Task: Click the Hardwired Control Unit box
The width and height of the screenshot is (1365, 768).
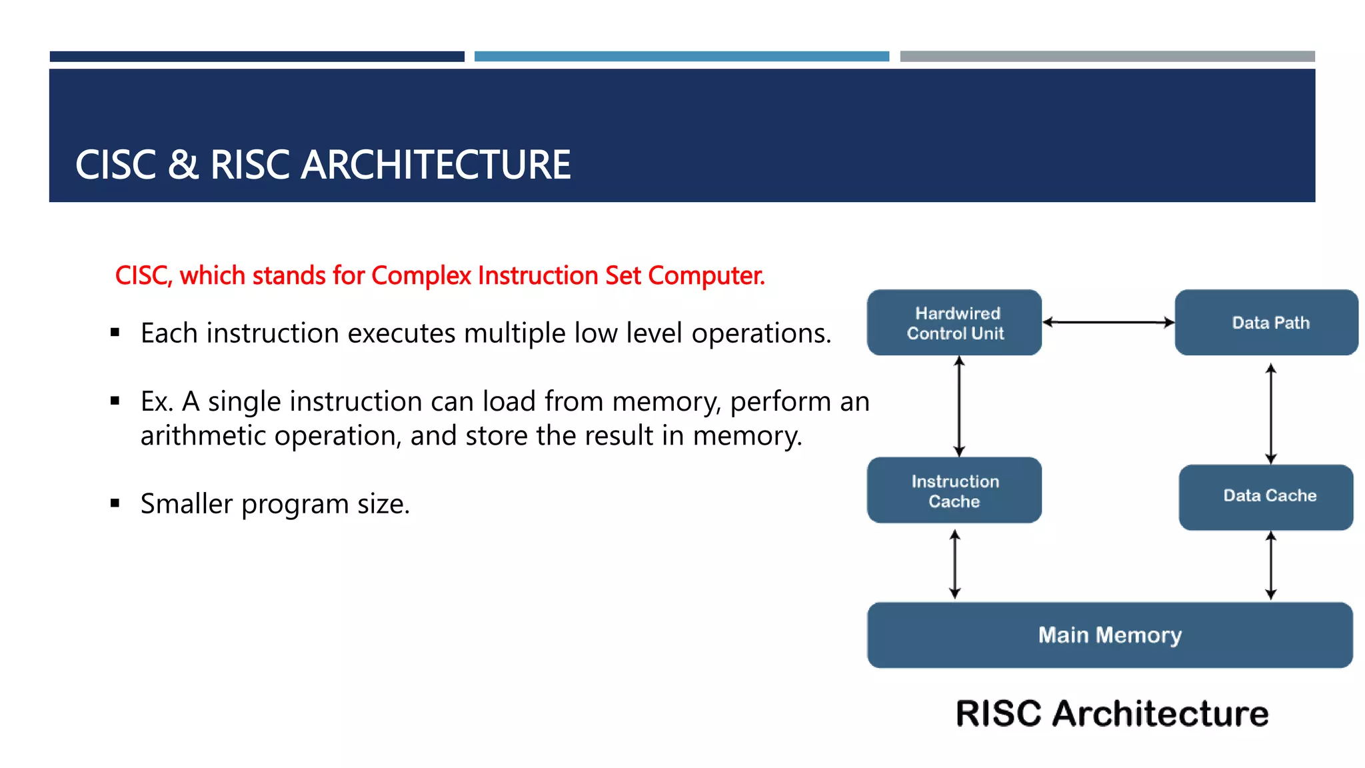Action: [x=954, y=323]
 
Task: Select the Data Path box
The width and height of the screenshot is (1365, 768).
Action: [x=1266, y=323]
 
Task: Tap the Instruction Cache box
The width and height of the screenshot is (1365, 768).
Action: [x=954, y=491]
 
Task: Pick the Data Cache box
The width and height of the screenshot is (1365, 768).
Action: [x=1266, y=497]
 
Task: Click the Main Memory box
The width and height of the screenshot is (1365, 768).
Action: [x=1110, y=635]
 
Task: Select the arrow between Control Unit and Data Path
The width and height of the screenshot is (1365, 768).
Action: [x=1108, y=323]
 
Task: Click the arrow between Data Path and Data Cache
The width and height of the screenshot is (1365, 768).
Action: [x=1270, y=413]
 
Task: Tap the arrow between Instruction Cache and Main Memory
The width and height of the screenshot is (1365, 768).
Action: [x=954, y=564]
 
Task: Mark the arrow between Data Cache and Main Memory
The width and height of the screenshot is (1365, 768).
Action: [x=1270, y=565]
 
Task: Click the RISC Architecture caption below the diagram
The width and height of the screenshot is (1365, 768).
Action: [x=1112, y=713]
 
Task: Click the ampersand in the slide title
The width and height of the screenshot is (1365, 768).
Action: [x=183, y=165]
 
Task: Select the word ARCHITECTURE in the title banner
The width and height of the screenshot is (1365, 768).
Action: [x=436, y=165]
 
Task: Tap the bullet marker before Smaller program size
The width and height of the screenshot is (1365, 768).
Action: [x=115, y=503]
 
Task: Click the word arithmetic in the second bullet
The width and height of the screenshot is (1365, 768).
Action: [x=203, y=436]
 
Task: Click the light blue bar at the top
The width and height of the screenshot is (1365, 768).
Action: [x=681, y=57]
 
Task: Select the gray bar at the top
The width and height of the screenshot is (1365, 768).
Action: [x=1107, y=57]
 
